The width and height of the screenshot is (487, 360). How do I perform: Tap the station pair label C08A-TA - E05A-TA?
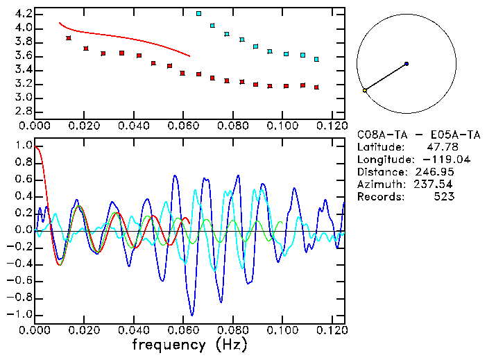pos(411,135)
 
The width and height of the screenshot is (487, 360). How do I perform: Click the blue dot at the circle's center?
pos(407,64)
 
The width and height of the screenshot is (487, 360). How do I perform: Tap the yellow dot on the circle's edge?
pos(365,90)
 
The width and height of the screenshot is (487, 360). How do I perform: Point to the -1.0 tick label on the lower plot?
pos(20,314)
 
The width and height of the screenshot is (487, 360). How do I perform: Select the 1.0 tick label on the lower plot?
pos(23,146)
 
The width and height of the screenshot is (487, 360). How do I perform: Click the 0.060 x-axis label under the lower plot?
pos(182,330)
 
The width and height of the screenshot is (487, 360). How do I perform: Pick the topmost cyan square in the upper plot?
pos(199,13)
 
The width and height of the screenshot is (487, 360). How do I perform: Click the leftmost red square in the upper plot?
pos(69,38)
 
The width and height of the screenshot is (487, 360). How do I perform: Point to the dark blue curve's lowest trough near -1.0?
pos(192,314)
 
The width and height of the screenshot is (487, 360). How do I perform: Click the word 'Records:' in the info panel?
pos(379,197)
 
